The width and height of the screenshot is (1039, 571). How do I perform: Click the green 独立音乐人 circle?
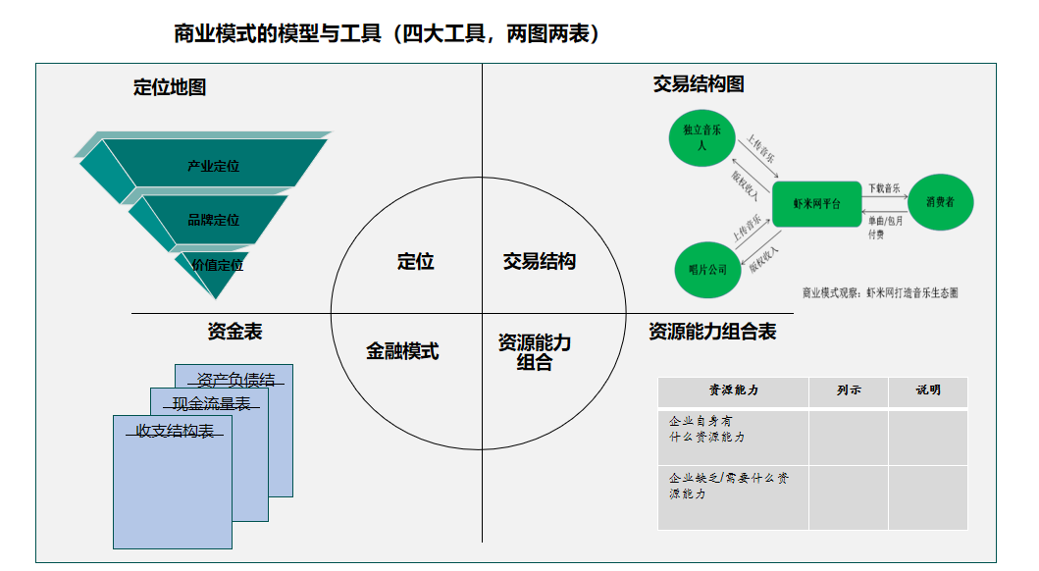coord(701,137)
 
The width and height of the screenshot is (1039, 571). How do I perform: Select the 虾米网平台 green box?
coord(816,203)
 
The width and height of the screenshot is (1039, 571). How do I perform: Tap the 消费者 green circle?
coord(939,202)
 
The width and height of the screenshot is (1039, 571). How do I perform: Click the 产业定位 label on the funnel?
coord(213,167)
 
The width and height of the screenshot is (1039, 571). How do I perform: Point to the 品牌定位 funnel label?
coord(213,220)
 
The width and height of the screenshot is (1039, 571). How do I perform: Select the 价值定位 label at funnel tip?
coord(217,265)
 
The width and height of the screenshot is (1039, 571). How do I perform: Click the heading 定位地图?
coord(170,87)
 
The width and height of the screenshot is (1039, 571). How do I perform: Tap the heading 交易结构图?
coord(699,84)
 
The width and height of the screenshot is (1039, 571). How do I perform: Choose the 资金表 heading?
coord(234,332)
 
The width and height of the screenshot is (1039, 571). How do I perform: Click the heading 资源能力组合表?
coord(712,332)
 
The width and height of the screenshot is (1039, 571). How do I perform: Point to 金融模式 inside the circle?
coord(402,351)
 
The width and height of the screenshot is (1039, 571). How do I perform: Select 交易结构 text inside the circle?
coord(539,262)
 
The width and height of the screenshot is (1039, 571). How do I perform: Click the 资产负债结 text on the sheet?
coord(235,381)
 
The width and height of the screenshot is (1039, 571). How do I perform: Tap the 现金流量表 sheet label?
coord(211,404)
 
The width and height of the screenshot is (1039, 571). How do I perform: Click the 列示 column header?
coord(849,390)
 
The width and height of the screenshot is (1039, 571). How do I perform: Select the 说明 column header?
coord(927,390)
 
